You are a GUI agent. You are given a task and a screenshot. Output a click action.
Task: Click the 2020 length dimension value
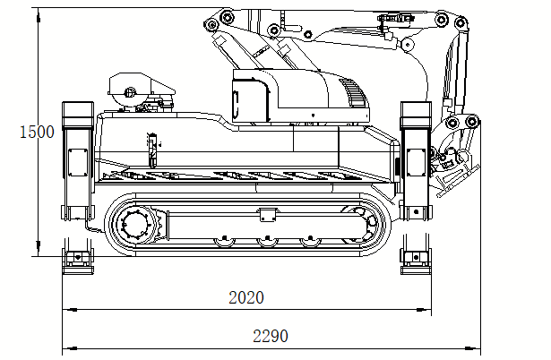[x=246, y=297]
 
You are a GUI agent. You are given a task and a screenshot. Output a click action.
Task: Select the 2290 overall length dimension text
[x=271, y=336]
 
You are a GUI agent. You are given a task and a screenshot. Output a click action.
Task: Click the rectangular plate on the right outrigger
[x=415, y=161]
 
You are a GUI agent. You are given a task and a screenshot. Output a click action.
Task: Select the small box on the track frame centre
[x=266, y=214]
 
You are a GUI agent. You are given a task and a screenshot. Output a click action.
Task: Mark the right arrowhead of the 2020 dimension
[x=427, y=310]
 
